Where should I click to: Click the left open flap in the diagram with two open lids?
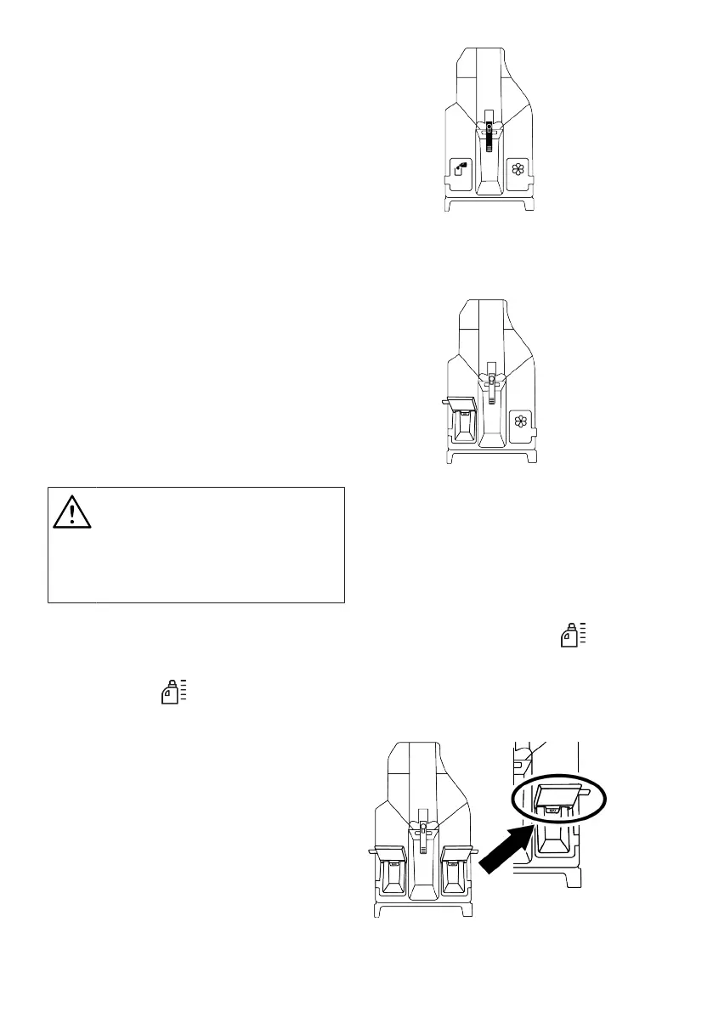pos(391,852)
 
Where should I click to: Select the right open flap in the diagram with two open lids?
pos(456,852)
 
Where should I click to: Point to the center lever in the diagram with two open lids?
pos(422,829)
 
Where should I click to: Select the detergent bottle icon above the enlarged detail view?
pos(574,635)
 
